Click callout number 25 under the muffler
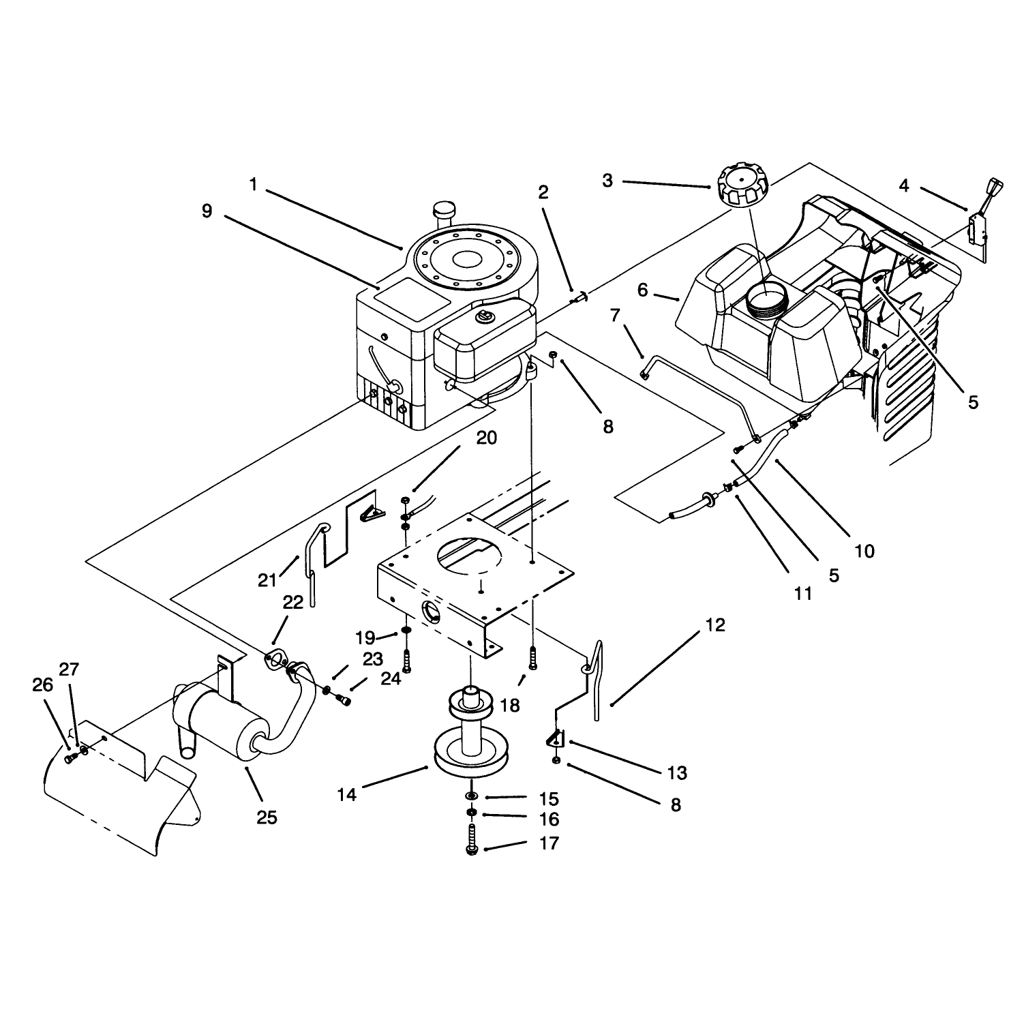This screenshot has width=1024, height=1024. [x=267, y=817]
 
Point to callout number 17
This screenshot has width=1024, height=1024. [x=549, y=843]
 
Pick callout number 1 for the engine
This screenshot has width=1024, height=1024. [x=253, y=184]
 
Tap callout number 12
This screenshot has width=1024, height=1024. [x=715, y=625]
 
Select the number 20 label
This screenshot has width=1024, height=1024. [x=487, y=438]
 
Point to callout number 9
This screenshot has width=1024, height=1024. [x=207, y=211]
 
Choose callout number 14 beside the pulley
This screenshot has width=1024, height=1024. [x=347, y=794]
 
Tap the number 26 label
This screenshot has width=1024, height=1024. [x=43, y=685]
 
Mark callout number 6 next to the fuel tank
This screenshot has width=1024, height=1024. [x=643, y=291]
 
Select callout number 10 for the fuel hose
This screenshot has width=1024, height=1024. [x=864, y=551]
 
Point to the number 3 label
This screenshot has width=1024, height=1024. [x=607, y=181]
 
